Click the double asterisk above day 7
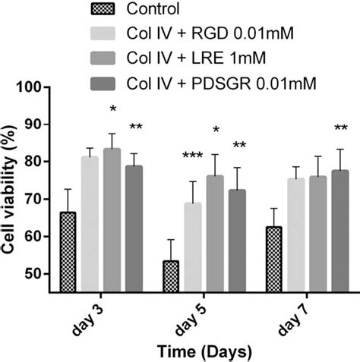pyautogui.click(x=340, y=127)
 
